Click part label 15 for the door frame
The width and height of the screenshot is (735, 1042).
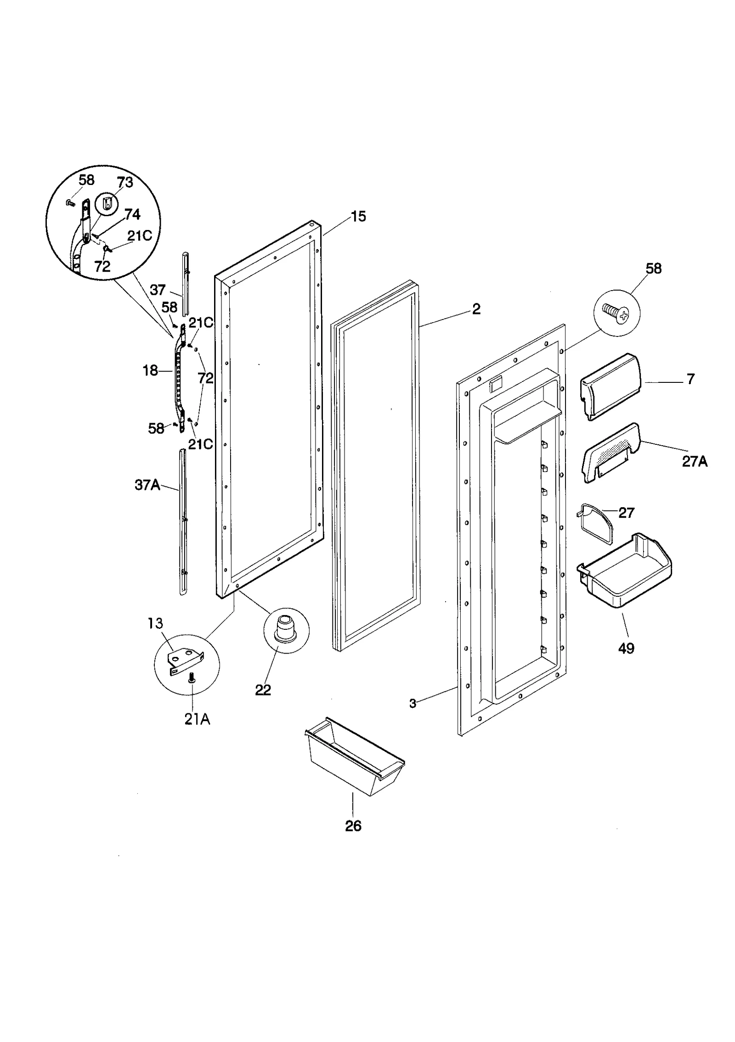click(358, 216)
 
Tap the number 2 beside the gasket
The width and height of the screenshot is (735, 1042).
click(476, 309)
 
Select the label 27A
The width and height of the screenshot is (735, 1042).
click(694, 461)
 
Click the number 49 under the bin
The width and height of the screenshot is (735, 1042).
click(626, 648)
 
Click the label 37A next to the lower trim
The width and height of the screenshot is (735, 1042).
click(147, 485)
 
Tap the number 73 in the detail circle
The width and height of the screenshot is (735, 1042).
click(124, 182)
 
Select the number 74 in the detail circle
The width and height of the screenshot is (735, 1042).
click(132, 214)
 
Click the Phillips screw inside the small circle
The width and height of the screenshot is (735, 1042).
click(617, 314)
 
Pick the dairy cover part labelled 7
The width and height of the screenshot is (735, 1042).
click(611, 386)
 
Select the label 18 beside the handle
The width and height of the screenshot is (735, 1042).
click(150, 370)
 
